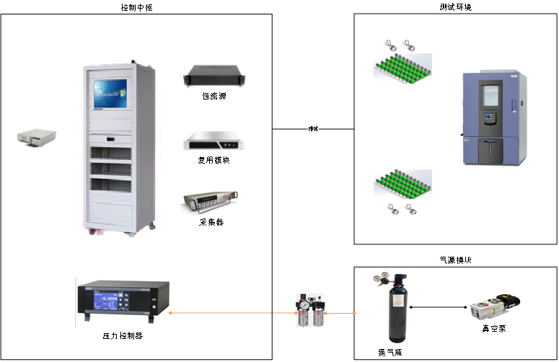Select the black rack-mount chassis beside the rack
214,76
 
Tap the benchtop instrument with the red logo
209,200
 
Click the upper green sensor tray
402,69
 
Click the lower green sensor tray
402,185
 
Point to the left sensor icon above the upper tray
391,45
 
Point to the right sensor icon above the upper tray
409,45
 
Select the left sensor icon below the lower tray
394,210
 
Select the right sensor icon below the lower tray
410,210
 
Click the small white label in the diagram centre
313,129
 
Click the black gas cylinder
390,317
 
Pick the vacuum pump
494,307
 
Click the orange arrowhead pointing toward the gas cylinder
355,313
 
